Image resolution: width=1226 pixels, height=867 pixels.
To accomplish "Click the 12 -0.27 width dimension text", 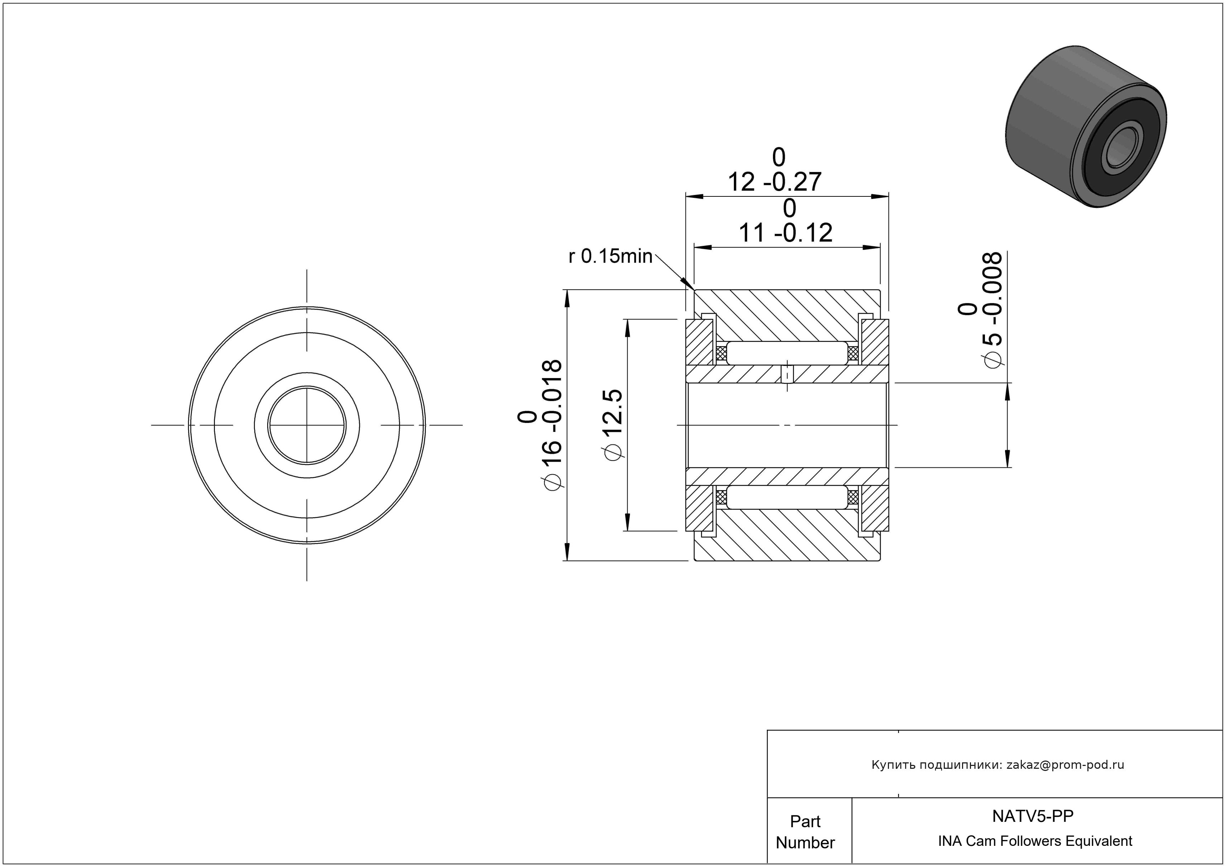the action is pos(775,170).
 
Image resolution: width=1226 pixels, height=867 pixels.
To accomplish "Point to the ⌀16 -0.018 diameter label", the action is pos(540,425).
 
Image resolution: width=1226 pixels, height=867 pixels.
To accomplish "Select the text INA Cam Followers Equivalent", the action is pos(1035,841).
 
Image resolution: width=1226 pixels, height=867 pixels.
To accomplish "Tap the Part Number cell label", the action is pos(805,832).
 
